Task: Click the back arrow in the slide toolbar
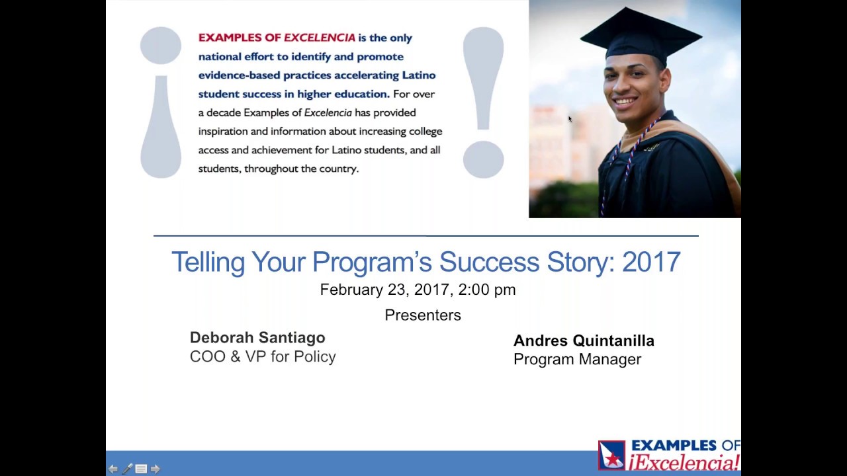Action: point(113,469)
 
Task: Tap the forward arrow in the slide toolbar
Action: point(156,469)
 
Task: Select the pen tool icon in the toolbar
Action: point(127,469)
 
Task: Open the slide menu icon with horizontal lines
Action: point(141,469)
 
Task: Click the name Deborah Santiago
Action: point(257,338)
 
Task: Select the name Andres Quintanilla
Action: point(584,341)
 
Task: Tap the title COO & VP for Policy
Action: point(263,356)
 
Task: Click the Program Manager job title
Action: point(577,360)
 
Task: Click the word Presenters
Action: point(423,315)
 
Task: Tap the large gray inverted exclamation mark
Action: point(161,102)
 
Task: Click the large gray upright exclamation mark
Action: point(483,102)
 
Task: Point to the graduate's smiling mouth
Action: point(625,102)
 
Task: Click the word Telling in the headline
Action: point(208,262)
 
